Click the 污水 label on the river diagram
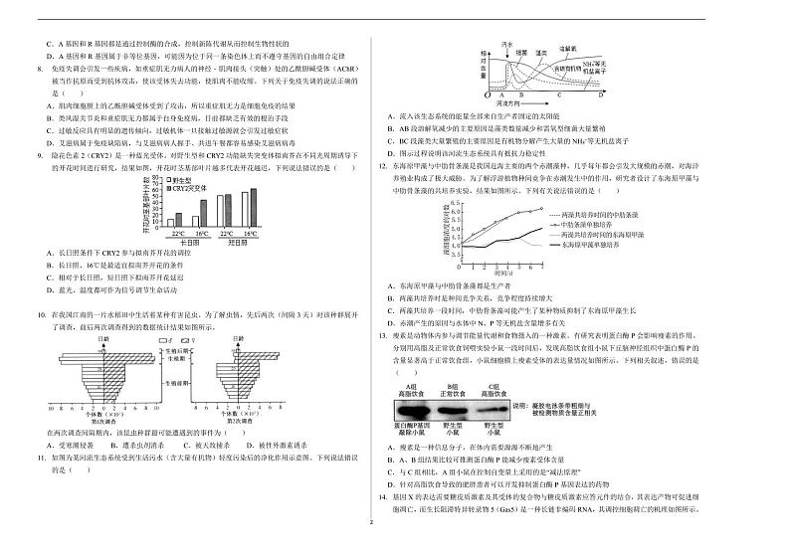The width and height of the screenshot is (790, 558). pos(507,45)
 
